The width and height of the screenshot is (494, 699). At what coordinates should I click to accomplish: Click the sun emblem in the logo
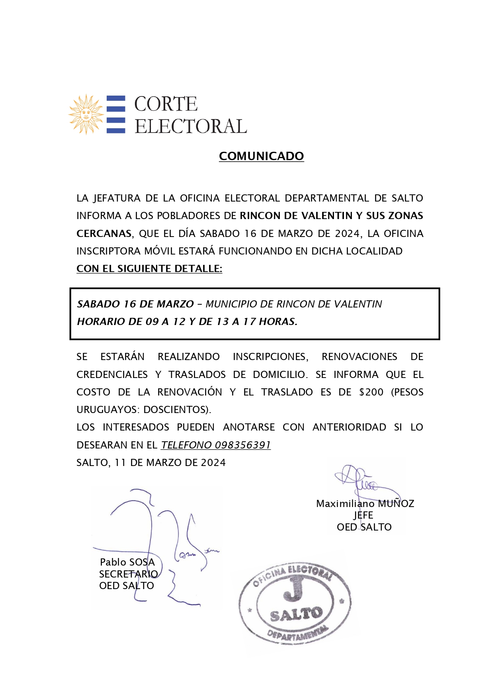[86, 114]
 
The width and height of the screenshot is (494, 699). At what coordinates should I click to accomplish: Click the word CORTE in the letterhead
[166, 104]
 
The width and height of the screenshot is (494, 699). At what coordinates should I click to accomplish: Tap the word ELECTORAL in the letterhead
[191, 127]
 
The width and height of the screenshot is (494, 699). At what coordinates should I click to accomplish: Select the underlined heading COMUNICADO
[261, 156]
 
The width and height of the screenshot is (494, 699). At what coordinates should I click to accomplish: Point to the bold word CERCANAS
[104, 233]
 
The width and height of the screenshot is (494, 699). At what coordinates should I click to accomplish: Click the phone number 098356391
[243, 445]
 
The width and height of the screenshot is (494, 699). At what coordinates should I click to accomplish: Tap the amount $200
[371, 392]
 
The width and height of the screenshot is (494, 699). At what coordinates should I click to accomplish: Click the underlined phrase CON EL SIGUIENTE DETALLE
[149, 269]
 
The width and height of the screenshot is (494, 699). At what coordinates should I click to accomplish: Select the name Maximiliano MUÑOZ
[365, 504]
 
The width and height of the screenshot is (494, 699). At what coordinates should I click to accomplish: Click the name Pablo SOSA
[127, 562]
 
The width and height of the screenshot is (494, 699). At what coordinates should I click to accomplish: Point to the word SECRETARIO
[128, 574]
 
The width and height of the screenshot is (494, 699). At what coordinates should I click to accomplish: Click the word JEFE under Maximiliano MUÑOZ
[363, 515]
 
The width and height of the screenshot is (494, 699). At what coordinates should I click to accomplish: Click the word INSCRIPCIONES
[270, 357]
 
